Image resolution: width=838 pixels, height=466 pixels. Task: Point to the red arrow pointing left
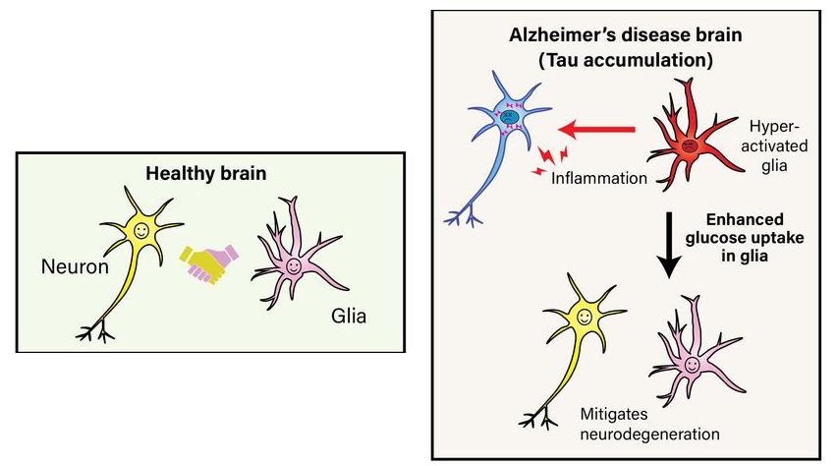click(599, 128)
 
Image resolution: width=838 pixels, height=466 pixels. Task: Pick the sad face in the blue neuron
click(510, 118)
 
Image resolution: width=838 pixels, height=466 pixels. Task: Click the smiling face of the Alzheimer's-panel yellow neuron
click(585, 318)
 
